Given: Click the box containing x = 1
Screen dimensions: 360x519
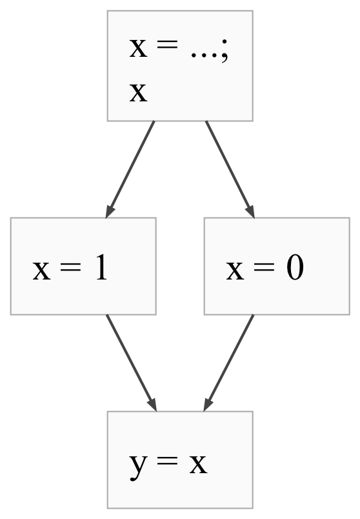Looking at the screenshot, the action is [x=83, y=266].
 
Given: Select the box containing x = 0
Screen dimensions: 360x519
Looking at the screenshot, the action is [x=277, y=266].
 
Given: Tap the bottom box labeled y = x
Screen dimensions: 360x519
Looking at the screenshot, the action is [x=180, y=460].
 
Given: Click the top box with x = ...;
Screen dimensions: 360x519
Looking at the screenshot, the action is [x=180, y=66].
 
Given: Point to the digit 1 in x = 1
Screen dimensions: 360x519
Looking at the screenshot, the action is [x=101, y=268].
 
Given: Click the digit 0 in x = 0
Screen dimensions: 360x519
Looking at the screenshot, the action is [x=295, y=269].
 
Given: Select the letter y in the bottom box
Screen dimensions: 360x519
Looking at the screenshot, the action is [x=138, y=466].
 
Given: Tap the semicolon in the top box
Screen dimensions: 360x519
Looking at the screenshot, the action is [x=225, y=50].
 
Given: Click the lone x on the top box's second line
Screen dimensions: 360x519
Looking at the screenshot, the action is [x=138, y=92].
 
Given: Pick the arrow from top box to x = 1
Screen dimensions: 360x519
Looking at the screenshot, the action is [x=130, y=170].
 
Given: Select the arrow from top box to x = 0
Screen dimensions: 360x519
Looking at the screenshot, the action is [x=230, y=170].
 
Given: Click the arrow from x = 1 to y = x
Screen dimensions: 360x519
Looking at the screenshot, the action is [x=131, y=363].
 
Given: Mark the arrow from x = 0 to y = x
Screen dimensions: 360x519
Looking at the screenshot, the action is [x=228, y=363].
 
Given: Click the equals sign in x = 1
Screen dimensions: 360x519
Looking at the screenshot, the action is [x=70, y=267].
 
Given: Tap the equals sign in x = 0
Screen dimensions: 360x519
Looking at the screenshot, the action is [x=264, y=267].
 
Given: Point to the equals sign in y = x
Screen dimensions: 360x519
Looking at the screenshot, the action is [x=168, y=460].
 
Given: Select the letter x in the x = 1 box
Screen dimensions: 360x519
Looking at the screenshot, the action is [x=42, y=271].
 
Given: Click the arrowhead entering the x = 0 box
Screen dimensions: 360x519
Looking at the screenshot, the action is [x=250, y=212].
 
